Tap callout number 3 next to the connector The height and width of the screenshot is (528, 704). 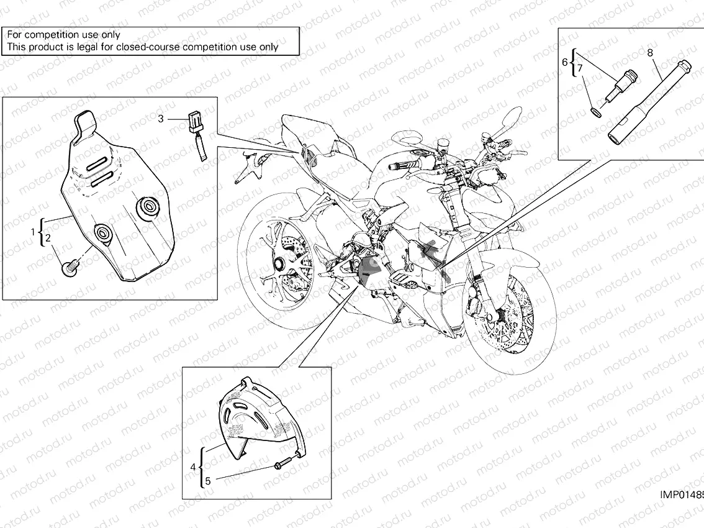point(161,119)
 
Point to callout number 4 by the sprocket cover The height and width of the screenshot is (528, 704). point(193,467)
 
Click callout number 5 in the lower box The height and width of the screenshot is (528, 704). point(208,480)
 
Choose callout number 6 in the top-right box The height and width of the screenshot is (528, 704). point(565,61)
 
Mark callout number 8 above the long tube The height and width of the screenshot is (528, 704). point(650,53)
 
